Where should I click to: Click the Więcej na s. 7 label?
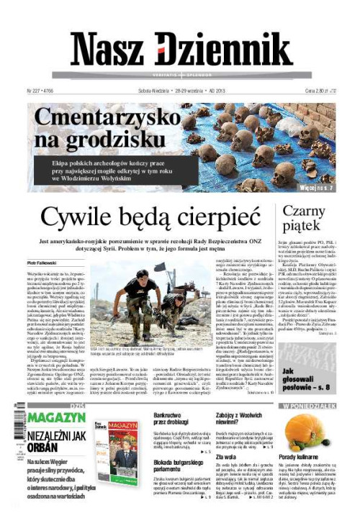coord(317,188)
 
